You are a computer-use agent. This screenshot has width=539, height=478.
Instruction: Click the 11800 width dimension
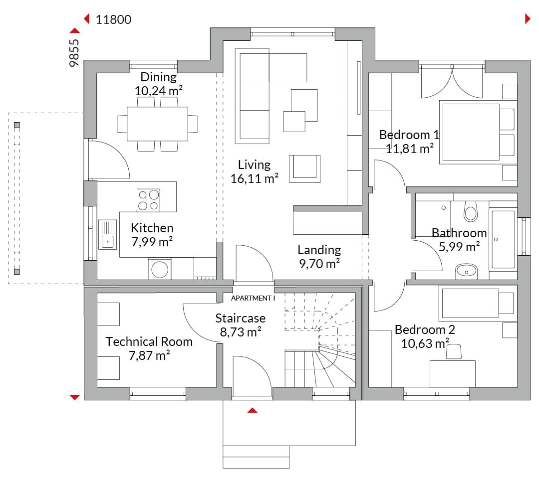tap(113, 19)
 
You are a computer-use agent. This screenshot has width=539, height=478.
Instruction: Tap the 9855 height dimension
tap(74, 53)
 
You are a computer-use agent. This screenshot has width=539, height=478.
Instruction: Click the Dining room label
tap(159, 77)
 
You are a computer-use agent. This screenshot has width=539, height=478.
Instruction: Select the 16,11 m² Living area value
tap(255, 178)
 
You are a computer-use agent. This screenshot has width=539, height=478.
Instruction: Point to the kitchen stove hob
tap(148, 199)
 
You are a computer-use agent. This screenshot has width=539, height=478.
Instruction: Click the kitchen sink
tap(108, 235)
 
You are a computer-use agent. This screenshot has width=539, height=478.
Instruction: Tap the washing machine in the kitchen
tap(160, 269)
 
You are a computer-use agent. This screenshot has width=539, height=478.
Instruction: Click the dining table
tap(157, 124)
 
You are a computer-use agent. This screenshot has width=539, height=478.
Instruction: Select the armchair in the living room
tap(305, 169)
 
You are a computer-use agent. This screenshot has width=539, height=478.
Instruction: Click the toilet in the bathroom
tap(471, 211)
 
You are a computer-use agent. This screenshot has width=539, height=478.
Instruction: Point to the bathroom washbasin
tap(466, 271)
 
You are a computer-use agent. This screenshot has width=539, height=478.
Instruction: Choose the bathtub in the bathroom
tap(503, 239)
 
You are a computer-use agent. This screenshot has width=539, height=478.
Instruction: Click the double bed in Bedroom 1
tap(478, 132)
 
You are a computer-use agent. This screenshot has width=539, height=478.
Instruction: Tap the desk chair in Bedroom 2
tap(454, 352)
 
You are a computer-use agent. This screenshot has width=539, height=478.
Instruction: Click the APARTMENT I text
tap(253, 298)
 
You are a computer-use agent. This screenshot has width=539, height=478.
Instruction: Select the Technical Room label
tap(149, 341)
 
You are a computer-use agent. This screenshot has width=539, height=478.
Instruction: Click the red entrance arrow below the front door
tap(253, 410)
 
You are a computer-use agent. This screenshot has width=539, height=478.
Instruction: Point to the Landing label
tap(319, 250)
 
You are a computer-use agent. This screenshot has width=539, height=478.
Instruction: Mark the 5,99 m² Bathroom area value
tap(459, 247)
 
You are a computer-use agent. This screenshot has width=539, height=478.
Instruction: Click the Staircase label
tap(240, 319)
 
